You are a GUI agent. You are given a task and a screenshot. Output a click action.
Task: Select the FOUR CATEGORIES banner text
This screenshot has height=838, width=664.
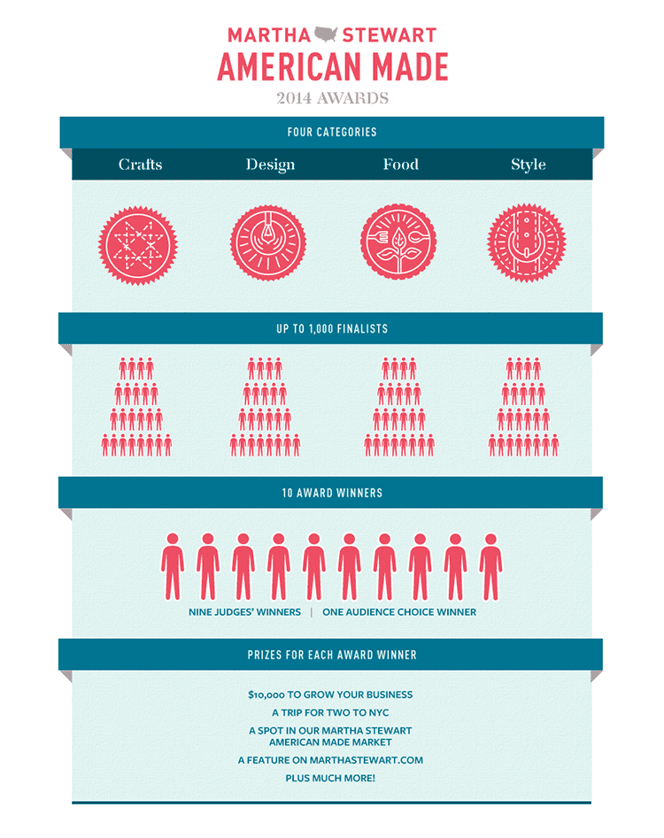[x=332, y=132]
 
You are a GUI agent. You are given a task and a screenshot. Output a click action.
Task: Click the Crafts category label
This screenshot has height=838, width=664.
[x=141, y=165]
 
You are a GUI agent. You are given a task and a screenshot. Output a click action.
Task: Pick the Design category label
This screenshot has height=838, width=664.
[x=270, y=165]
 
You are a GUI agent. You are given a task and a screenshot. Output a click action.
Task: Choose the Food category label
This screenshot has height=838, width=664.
[x=400, y=165]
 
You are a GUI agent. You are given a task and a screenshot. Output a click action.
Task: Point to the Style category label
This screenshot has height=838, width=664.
[x=528, y=165]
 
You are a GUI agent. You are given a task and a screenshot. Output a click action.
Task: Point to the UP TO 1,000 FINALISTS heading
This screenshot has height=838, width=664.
[x=332, y=329]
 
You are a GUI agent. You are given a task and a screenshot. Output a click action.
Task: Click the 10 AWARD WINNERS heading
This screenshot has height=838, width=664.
[x=332, y=493]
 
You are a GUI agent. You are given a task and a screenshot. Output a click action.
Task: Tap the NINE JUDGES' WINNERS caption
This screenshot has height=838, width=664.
[x=244, y=612]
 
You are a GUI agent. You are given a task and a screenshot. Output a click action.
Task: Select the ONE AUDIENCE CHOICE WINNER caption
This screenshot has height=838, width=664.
[x=399, y=612]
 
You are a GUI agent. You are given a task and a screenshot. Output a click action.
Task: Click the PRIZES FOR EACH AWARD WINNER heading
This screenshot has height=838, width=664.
[x=332, y=656]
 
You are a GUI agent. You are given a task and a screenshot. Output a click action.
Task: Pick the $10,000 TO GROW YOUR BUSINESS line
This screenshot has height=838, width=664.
[x=330, y=696]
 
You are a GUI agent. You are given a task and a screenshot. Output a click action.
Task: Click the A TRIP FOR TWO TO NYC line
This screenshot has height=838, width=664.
[x=330, y=713]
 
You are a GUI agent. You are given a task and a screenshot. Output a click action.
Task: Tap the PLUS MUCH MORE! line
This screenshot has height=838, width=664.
[x=330, y=778]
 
